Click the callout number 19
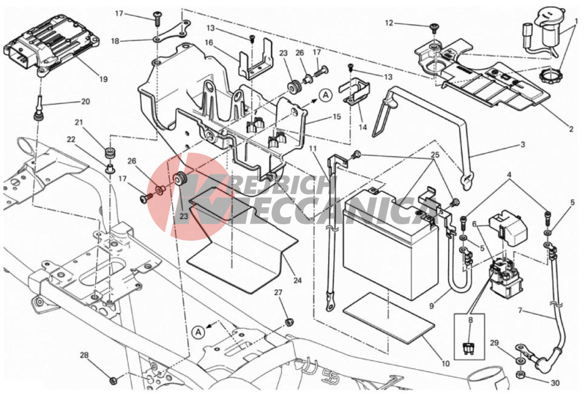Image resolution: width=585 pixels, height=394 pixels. tap(103, 79)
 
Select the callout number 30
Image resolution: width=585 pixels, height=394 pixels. tap(555, 383)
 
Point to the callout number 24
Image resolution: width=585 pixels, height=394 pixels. tap(297, 280)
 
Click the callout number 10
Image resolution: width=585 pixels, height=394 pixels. tap(446, 363)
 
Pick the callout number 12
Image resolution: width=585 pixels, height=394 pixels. tap(389, 23)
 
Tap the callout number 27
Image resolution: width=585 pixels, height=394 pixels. tap(278, 293)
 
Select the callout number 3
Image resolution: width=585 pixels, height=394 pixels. tap(523, 144)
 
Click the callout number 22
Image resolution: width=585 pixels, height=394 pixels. tap(71, 139)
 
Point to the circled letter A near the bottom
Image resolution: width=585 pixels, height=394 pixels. tap(199, 332)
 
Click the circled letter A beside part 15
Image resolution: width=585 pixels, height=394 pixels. tap(326, 95)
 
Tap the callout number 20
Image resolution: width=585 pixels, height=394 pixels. tap(85, 101)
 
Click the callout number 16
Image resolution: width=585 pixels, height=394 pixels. tap(209, 42)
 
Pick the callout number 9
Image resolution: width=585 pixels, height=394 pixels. tap(432, 306)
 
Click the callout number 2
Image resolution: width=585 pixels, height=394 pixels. tap(571, 130)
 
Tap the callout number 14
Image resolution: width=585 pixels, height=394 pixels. tap(363, 127)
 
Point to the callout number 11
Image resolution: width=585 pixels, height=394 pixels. tap(313, 149)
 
